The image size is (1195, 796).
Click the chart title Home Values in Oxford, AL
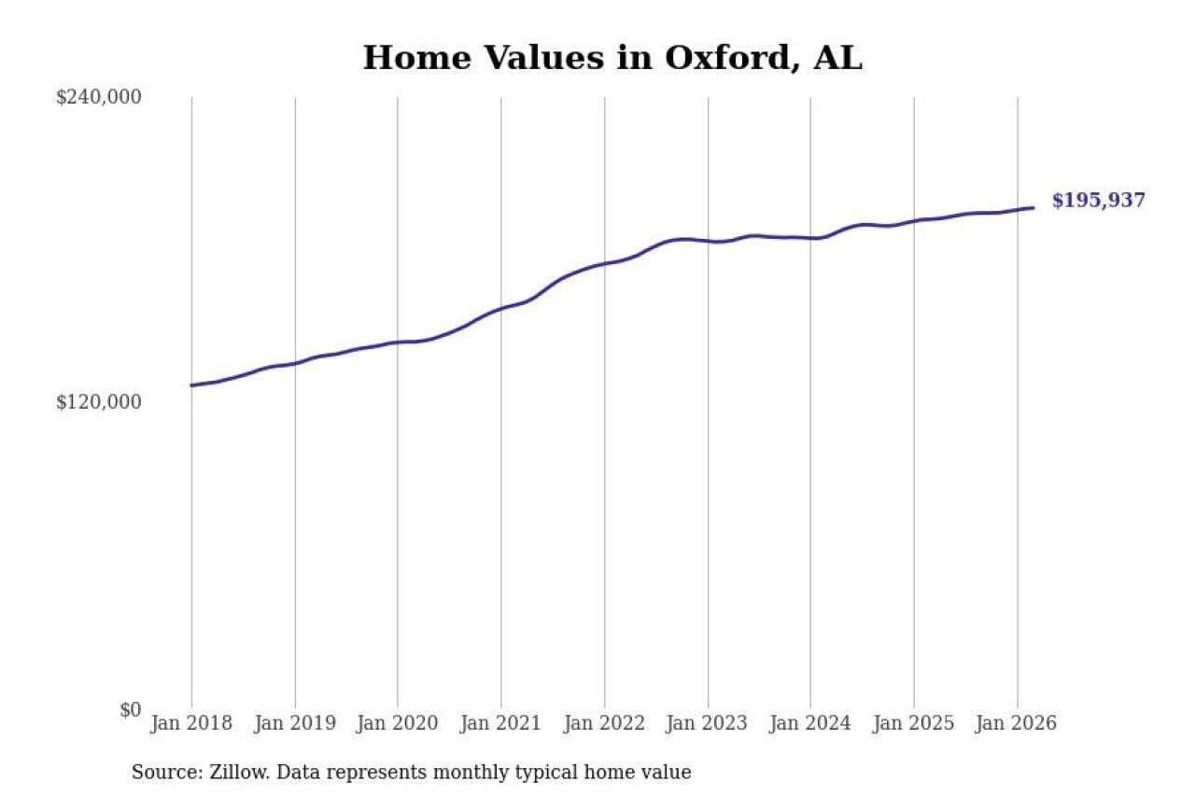click(x=612, y=58)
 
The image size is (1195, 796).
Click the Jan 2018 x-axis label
click(x=191, y=723)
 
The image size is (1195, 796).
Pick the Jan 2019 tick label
click(x=295, y=723)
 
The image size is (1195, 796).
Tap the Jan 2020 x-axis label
click(x=398, y=723)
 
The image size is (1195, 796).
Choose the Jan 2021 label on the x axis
click(x=501, y=723)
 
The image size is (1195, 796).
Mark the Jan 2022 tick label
click(x=604, y=723)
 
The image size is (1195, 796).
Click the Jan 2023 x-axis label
click(x=708, y=723)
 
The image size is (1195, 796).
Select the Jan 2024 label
click(x=810, y=723)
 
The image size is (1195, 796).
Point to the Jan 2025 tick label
click(x=914, y=723)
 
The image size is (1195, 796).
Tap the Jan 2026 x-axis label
click(x=1017, y=723)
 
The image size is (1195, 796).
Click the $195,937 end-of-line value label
click(x=1098, y=201)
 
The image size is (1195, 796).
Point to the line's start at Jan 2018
click(x=192, y=384)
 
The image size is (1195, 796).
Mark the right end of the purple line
click(x=1033, y=208)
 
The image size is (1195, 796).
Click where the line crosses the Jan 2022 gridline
click(x=604, y=263)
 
